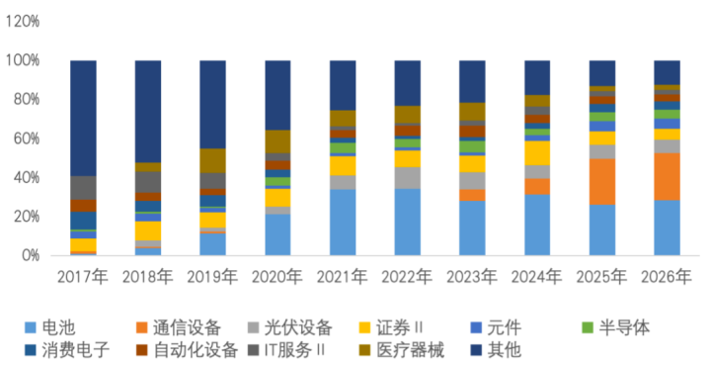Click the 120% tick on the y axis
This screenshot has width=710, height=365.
(x=23, y=21)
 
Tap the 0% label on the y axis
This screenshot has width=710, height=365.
(x=30, y=255)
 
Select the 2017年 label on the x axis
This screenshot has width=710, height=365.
(x=83, y=277)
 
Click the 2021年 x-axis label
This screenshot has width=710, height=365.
(x=343, y=277)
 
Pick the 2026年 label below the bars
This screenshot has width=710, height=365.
(x=667, y=277)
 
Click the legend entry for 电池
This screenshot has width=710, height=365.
(x=49, y=327)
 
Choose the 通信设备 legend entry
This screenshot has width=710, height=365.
(x=179, y=327)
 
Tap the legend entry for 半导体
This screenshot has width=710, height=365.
(x=616, y=327)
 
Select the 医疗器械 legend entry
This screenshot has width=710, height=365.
(x=402, y=350)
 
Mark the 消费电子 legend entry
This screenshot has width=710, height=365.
(x=67, y=350)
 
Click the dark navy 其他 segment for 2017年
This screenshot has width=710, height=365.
(x=83, y=119)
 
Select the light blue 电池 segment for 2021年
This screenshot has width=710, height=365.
(x=343, y=223)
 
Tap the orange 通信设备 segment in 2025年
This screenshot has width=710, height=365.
(x=601, y=182)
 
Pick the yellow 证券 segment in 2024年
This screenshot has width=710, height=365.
(x=537, y=153)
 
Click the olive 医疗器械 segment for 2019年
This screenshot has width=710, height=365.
(x=213, y=161)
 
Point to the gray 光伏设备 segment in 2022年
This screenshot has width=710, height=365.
(x=407, y=178)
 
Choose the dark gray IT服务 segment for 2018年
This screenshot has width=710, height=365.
(x=148, y=182)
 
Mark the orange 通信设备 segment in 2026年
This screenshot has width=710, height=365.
(x=667, y=177)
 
